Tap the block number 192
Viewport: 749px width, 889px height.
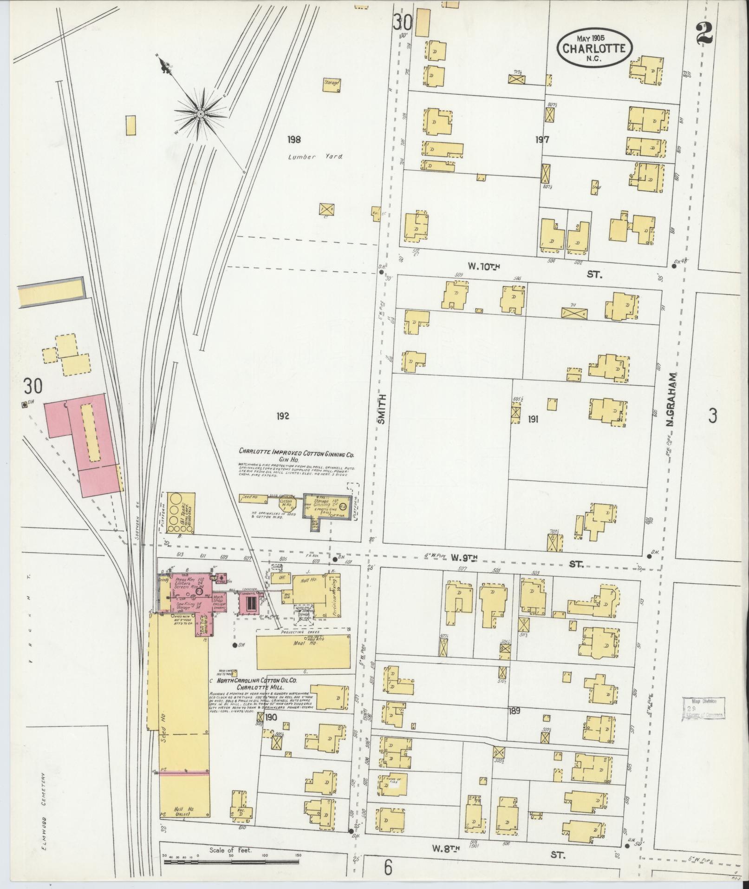pyautogui.click(x=282, y=416)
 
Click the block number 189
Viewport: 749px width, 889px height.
pyautogui.click(x=514, y=711)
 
